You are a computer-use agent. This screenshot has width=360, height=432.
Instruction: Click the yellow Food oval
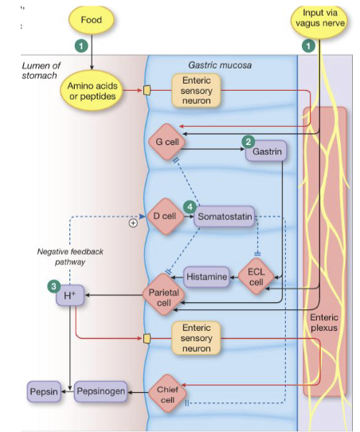point(92,19)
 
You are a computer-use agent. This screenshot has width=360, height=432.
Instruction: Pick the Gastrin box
point(265,150)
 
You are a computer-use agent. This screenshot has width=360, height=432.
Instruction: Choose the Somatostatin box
point(224,216)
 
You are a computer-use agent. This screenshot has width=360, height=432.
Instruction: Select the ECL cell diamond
point(256,277)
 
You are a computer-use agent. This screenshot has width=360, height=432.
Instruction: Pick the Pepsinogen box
point(101,392)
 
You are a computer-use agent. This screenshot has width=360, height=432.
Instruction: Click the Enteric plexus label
point(323,322)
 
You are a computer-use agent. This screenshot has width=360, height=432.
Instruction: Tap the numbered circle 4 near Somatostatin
point(190,206)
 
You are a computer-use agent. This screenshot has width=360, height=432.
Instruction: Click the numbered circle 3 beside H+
point(54,285)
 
